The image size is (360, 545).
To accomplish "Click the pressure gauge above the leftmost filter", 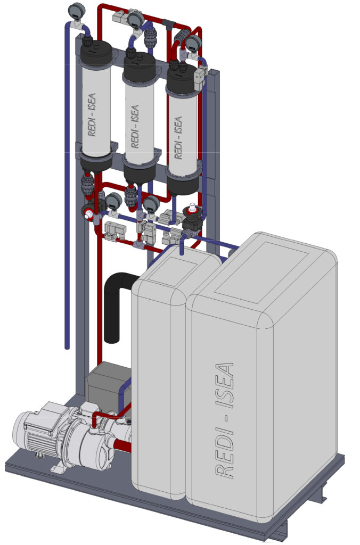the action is tap(77, 11).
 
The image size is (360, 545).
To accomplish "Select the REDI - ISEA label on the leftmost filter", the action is tap(92, 115).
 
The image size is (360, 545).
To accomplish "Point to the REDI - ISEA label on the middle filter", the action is tap(135, 127).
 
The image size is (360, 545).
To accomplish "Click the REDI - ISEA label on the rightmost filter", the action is tap(177, 138).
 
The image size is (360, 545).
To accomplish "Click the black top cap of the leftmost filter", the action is tap(96, 54).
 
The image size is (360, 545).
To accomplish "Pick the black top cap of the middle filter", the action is tap(140, 68).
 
